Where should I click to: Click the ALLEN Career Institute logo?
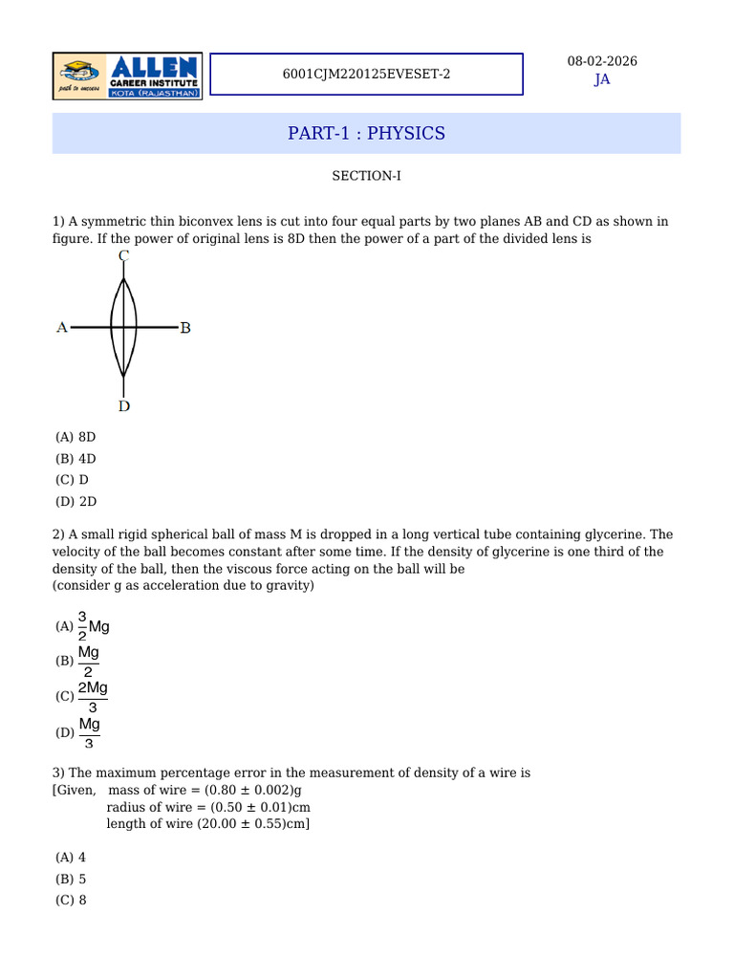click(x=127, y=76)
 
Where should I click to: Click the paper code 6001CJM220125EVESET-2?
click(x=366, y=75)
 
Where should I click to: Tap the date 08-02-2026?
click(x=602, y=61)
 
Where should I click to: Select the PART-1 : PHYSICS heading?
click(x=366, y=133)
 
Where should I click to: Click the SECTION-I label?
click(x=366, y=176)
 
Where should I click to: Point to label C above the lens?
click(x=124, y=256)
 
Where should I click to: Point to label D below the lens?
click(x=124, y=406)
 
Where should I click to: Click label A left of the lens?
click(x=62, y=328)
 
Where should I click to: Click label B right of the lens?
click(x=185, y=328)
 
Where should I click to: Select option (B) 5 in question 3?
click(x=72, y=879)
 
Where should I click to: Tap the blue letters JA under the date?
click(x=602, y=79)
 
